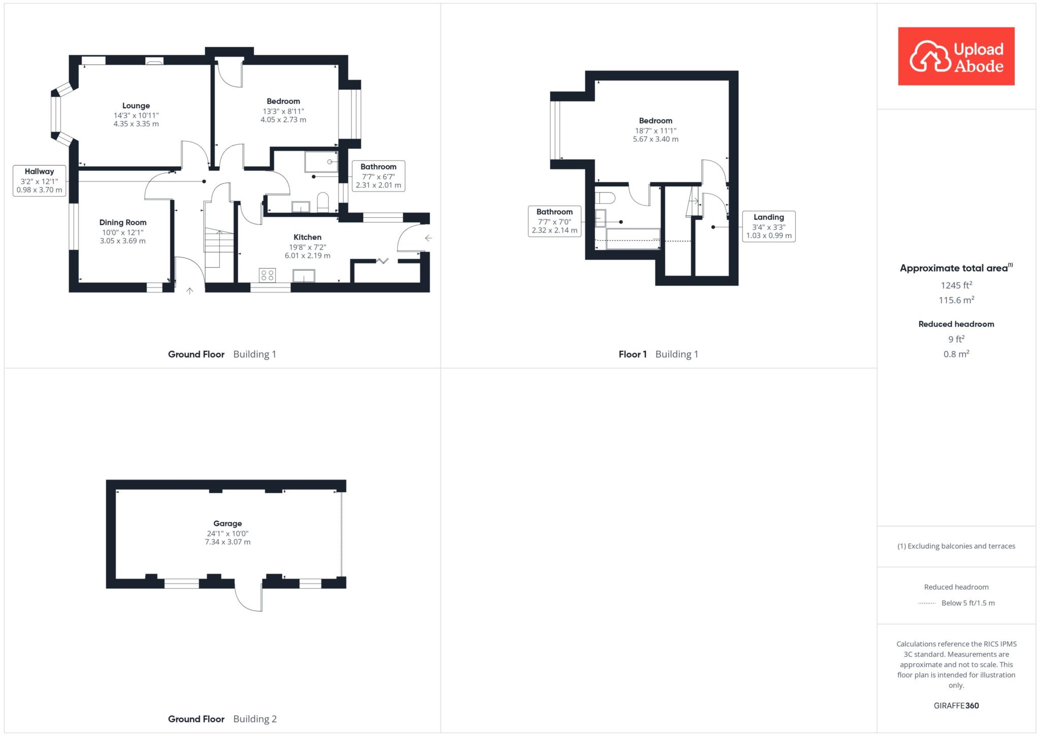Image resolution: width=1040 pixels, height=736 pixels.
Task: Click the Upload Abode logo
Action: (x=956, y=56)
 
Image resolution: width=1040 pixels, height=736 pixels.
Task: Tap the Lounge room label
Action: (x=136, y=106)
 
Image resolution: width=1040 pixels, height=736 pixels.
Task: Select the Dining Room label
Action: (x=123, y=222)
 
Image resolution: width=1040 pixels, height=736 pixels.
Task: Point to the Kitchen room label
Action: (x=307, y=237)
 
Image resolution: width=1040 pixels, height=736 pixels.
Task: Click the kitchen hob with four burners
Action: (x=267, y=275)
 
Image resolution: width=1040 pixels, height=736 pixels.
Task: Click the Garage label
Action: (x=227, y=524)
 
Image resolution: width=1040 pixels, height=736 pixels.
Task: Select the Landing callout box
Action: (x=769, y=227)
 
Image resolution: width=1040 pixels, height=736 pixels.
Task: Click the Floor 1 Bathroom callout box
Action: (x=555, y=221)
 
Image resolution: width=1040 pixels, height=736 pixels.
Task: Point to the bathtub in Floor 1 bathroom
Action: (x=633, y=239)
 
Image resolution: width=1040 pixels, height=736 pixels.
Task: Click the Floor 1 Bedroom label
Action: (x=656, y=121)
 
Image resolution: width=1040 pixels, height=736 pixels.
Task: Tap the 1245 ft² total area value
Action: (x=957, y=285)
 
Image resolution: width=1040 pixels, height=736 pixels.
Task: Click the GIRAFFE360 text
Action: (x=956, y=706)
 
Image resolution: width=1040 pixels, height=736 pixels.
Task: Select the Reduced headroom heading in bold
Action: (x=956, y=324)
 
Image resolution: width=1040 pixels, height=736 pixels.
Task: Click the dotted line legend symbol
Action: (x=927, y=603)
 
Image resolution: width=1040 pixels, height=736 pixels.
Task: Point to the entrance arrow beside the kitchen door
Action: (x=428, y=238)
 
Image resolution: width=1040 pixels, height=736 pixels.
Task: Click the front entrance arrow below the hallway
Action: (x=190, y=291)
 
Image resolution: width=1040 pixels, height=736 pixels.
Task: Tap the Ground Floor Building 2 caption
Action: (x=222, y=719)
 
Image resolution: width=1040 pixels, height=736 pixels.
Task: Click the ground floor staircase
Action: (x=219, y=234)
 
